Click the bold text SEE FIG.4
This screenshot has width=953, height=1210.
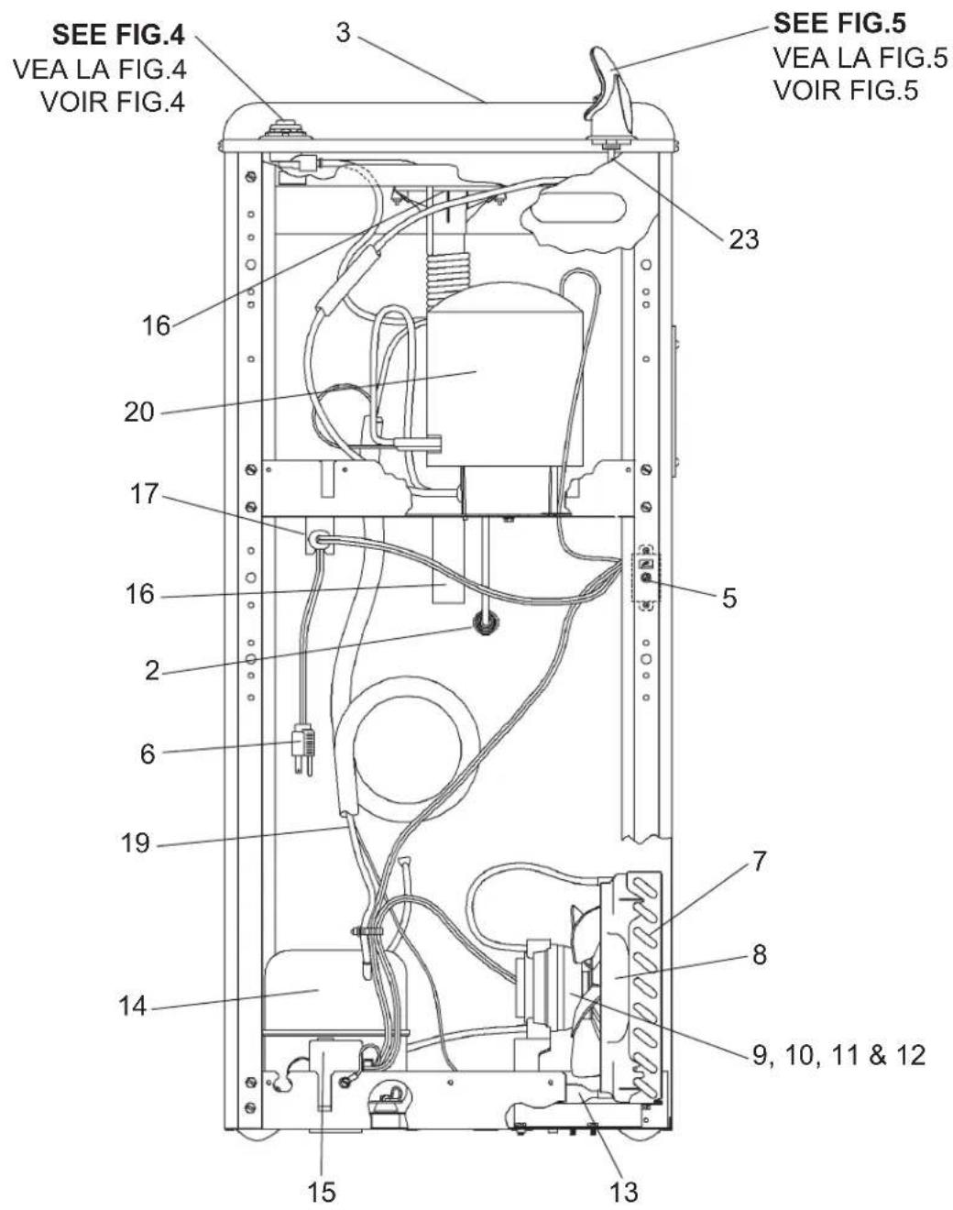tap(118, 36)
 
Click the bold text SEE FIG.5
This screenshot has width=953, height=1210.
tap(840, 23)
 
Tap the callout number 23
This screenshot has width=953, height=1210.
tap(744, 240)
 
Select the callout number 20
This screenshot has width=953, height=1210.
tap(139, 412)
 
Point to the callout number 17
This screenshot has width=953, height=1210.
tap(145, 495)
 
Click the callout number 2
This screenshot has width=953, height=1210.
tap(152, 670)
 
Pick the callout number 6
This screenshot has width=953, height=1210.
tap(148, 753)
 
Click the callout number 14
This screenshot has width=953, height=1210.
tap(133, 1006)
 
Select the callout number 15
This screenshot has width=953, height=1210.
tap(322, 1192)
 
